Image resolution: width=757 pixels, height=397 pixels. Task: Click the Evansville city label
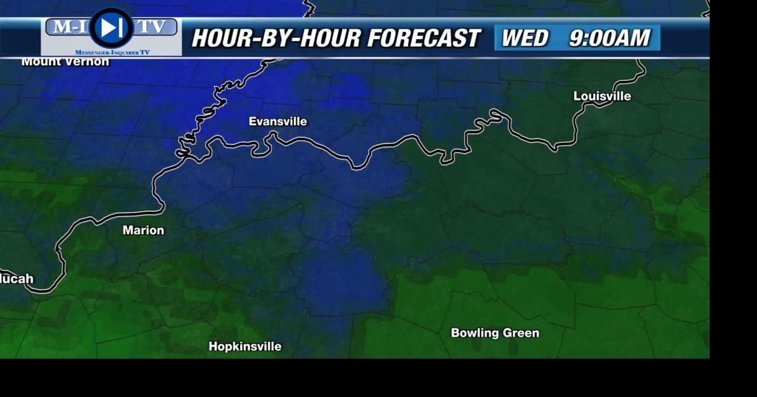click(x=277, y=122)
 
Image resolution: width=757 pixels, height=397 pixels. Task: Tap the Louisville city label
click(x=602, y=96)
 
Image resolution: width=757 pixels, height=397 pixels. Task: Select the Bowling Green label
click(x=495, y=333)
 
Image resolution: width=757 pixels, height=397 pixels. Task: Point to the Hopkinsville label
click(x=245, y=347)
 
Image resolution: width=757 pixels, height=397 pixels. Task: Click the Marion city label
click(x=143, y=230)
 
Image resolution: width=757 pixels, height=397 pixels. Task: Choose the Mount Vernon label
click(x=65, y=61)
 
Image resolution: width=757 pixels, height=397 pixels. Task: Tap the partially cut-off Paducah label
click(x=17, y=279)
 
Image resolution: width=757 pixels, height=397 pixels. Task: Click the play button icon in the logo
click(x=111, y=27)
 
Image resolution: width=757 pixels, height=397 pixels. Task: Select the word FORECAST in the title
click(x=423, y=38)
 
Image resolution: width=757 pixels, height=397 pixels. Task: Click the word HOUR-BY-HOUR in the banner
click(x=276, y=38)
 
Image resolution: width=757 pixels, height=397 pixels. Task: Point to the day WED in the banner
click(x=525, y=38)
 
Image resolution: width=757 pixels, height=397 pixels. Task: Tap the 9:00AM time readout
click(x=609, y=38)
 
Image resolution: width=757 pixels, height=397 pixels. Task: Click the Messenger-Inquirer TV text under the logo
click(x=112, y=53)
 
